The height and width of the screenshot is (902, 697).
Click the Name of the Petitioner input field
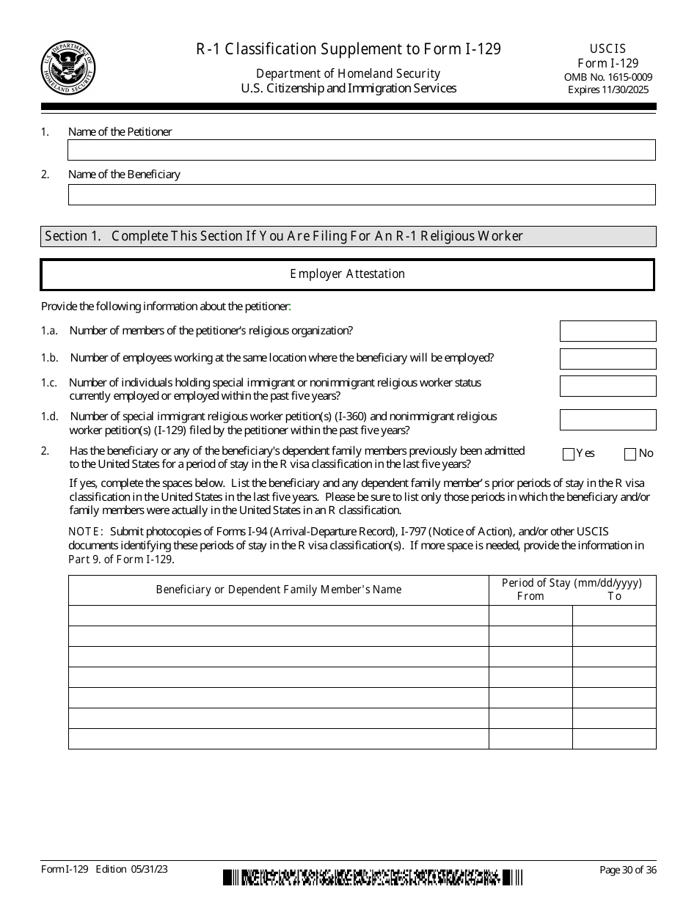[x=361, y=150]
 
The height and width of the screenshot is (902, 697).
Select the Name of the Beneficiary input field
[x=361, y=194]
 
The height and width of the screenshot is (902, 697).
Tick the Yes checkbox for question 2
[x=569, y=454]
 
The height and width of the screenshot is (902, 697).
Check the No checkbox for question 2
[x=630, y=454]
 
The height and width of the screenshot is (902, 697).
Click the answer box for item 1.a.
[x=607, y=331]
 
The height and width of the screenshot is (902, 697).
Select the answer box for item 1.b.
[x=607, y=359]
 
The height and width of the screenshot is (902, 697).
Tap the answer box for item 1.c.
[x=607, y=386]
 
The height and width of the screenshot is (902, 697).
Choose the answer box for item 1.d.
[x=607, y=419]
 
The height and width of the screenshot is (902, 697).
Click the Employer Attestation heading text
[x=347, y=274]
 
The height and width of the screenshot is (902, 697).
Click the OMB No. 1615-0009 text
[x=607, y=77]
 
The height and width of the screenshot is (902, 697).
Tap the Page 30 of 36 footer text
[x=628, y=870]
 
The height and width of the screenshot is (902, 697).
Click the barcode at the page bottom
[x=373, y=877]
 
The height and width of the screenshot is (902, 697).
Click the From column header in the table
[x=530, y=596]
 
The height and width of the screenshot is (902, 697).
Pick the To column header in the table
[x=614, y=596]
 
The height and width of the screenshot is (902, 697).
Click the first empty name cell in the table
[x=279, y=615]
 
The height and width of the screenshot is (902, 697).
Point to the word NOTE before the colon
[x=84, y=532]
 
